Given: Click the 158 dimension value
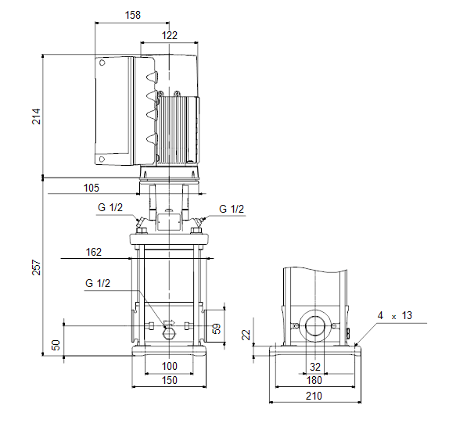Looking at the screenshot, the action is click(x=132, y=15).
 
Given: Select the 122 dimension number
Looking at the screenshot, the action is click(x=170, y=35).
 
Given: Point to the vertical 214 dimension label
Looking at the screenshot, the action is click(x=36, y=117).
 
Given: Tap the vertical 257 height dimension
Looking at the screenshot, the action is click(x=36, y=267).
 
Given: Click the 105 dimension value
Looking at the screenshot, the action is click(x=92, y=188).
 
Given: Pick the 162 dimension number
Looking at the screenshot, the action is click(x=94, y=252).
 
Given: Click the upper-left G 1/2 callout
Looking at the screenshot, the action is click(x=110, y=207).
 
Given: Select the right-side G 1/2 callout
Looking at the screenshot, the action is click(x=232, y=210).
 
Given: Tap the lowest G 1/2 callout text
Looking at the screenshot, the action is click(x=98, y=283).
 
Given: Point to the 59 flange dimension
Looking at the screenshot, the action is click(x=217, y=328).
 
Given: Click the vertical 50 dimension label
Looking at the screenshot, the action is click(x=56, y=345).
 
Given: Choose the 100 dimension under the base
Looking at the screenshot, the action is click(x=170, y=366).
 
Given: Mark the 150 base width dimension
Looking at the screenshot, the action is click(x=170, y=380).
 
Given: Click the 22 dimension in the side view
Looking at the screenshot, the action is click(x=246, y=335).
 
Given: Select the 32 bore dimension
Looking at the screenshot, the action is click(x=315, y=367).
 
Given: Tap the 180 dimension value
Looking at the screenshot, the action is click(x=314, y=380).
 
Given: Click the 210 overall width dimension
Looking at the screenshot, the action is click(x=314, y=396).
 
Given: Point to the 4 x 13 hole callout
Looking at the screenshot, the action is click(x=394, y=316).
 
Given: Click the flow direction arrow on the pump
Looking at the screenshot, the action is click(x=169, y=323).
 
